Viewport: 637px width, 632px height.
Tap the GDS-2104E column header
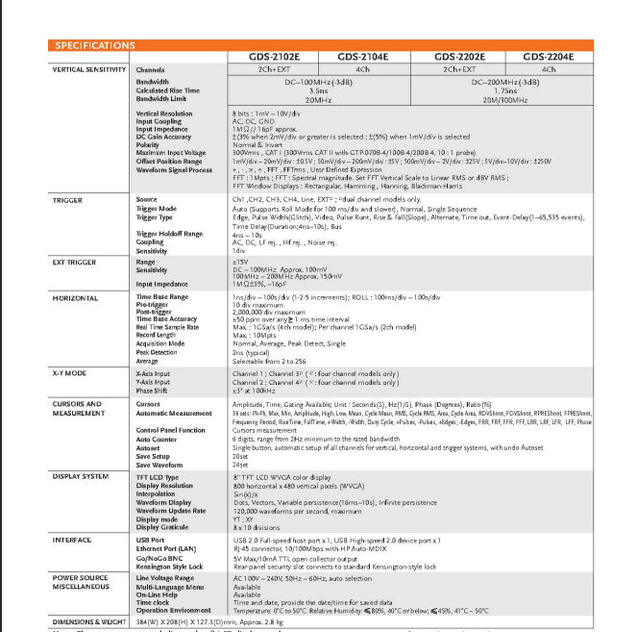click(x=363, y=58)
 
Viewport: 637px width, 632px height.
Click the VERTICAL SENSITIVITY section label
click(x=88, y=70)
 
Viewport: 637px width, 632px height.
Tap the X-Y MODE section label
click(x=69, y=371)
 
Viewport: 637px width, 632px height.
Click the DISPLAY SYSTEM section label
click(x=81, y=476)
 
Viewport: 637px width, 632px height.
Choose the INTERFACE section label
click(x=72, y=541)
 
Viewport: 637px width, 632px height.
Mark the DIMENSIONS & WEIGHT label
click(x=89, y=622)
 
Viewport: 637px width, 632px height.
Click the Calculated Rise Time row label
click(x=168, y=90)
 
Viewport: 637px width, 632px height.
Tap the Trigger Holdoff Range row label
click(x=169, y=234)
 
